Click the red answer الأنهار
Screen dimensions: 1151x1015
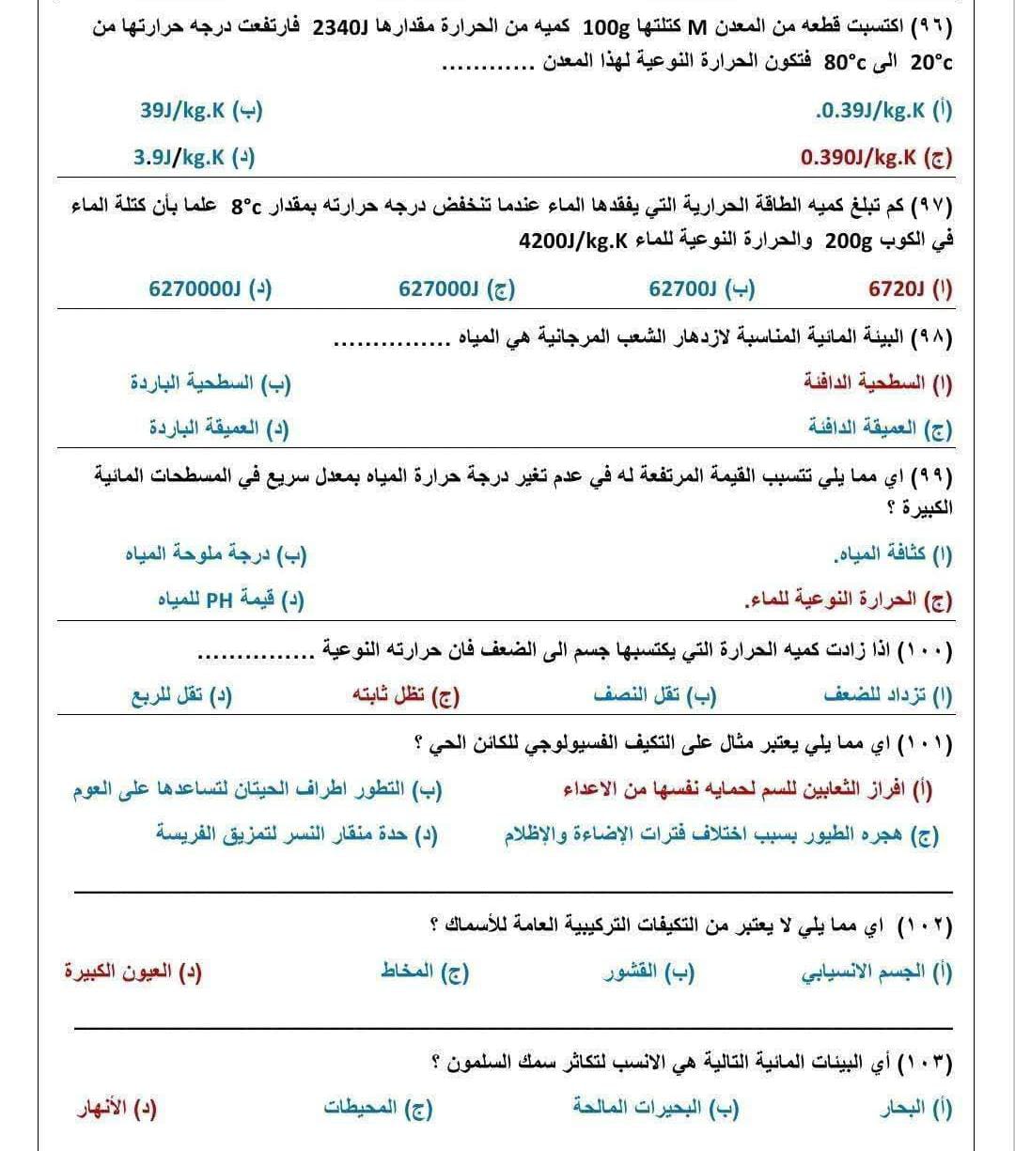pos(117,1110)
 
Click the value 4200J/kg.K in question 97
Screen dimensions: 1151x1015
pos(572,241)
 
